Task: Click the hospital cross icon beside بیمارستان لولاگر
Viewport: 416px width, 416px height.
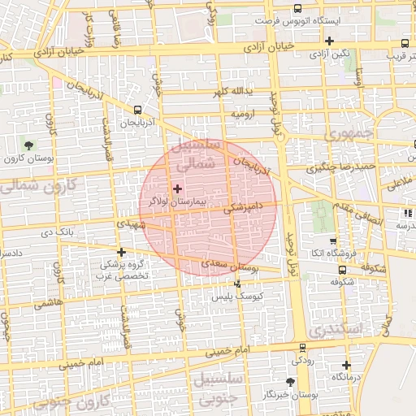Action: click(x=178, y=188)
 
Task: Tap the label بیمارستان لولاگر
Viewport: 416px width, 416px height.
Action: click(x=174, y=199)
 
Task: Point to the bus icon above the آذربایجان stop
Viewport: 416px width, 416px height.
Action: click(x=137, y=109)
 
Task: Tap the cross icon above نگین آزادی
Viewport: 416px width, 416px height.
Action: click(x=329, y=41)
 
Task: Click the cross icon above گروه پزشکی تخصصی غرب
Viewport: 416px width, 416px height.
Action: click(x=122, y=252)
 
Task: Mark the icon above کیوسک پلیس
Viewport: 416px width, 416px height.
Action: click(x=237, y=284)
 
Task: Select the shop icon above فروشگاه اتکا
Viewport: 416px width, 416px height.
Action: click(x=332, y=241)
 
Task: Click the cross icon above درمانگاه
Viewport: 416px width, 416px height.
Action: click(x=346, y=365)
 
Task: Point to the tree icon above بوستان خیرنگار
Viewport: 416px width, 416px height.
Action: click(x=291, y=381)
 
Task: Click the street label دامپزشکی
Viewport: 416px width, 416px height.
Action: click(x=246, y=208)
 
